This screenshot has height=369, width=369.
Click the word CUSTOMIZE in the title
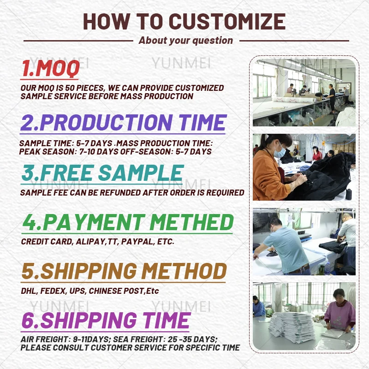tap(227, 21)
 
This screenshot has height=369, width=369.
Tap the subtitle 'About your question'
tap(186, 41)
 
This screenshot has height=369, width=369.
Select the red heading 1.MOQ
tap(50, 68)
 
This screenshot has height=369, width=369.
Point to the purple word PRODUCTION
tap(106, 122)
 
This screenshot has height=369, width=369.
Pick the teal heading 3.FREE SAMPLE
tap(102, 173)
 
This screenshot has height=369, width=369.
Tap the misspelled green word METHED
tap(191, 222)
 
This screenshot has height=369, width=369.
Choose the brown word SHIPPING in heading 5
tap(89, 271)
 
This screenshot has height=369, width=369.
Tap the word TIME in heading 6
tap(166, 320)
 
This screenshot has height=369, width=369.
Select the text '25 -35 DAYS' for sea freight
tap(192, 339)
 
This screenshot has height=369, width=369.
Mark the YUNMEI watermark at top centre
tap(181, 63)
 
